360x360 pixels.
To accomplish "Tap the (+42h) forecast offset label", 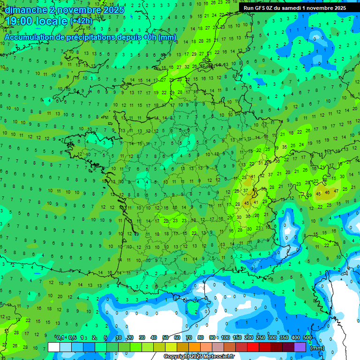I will coord(81,21).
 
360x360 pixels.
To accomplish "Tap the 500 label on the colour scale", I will coord(307,337).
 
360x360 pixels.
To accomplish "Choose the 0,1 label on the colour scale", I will coord(60,337).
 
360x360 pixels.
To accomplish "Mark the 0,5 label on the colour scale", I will coord(72,337).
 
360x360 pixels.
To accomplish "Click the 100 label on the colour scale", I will coord(225,337).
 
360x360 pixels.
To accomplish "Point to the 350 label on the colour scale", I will coord(284,337).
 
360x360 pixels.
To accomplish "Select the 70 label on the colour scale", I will coord(189,337).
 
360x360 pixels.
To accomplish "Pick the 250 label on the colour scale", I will coord(261,337).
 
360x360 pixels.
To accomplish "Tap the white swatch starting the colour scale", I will coord(53,347).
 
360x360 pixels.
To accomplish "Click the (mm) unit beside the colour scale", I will coord(317,348).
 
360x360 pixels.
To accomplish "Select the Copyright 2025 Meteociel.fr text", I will coord(199,357).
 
